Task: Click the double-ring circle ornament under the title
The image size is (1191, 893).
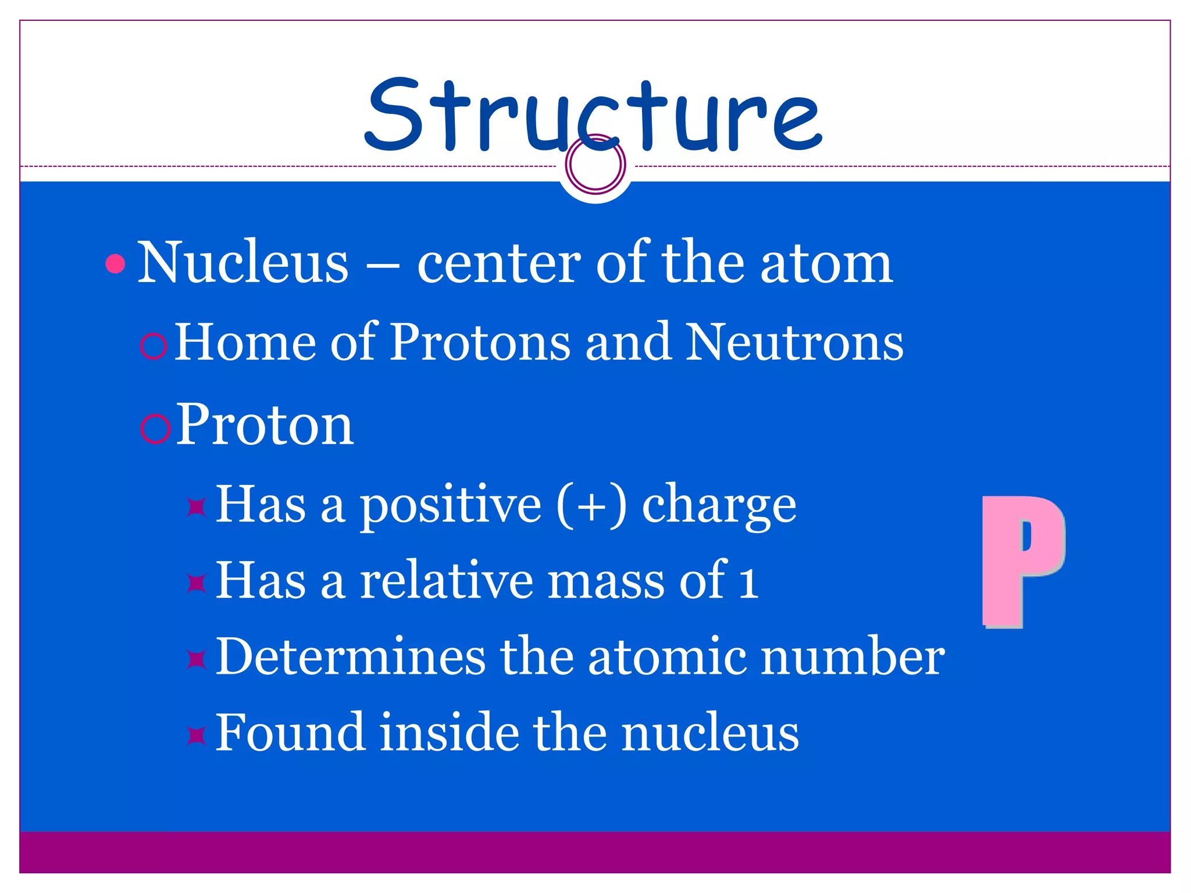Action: coord(595,164)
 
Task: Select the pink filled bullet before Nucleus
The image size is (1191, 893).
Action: coord(116,264)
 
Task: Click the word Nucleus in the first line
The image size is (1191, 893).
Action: coord(243,263)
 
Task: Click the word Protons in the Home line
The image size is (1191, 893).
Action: coord(480,343)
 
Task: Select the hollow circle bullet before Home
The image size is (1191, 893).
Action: coord(154,347)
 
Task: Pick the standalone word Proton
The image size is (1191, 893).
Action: coord(265,424)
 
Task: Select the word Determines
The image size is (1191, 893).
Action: coord(350,657)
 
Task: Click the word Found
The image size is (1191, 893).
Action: coord(290,733)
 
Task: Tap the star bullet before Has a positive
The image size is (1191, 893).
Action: coord(197,507)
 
